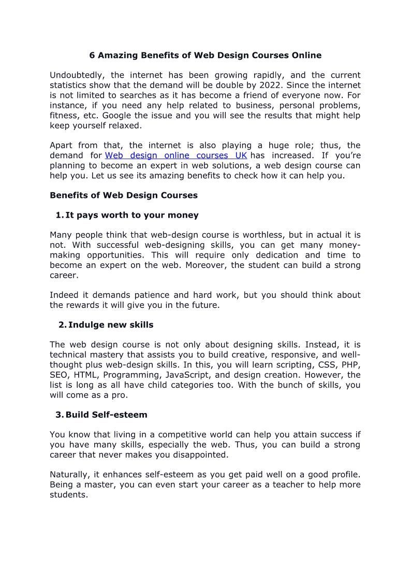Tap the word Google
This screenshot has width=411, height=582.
tap(117, 115)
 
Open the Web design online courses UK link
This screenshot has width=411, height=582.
tap(176, 155)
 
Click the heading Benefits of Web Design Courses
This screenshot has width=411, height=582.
tap(124, 195)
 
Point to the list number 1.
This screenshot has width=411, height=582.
tap(59, 215)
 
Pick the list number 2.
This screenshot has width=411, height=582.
tap(62, 325)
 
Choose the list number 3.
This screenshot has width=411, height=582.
tap(59, 415)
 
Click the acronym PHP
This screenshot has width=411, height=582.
tap(351, 365)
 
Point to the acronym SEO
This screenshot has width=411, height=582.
tap(58, 375)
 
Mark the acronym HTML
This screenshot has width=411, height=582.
tap(86, 375)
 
